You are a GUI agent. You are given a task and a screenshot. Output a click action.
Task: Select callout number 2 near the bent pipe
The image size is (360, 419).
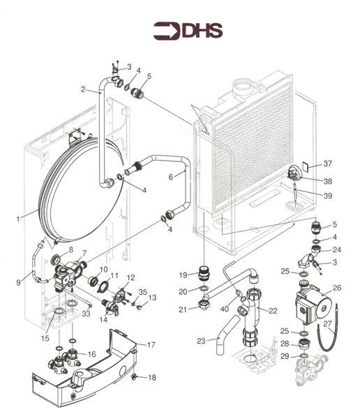[83, 89]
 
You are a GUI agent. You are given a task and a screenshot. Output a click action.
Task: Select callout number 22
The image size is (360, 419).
[273, 311]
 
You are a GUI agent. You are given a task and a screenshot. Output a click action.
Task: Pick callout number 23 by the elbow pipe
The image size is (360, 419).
[202, 341]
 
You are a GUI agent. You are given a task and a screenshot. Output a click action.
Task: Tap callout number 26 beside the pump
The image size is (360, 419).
[336, 287]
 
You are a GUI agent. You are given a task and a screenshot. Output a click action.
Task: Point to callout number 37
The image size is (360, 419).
[328, 164]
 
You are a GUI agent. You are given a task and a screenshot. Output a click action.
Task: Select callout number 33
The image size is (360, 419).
[86, 314]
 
